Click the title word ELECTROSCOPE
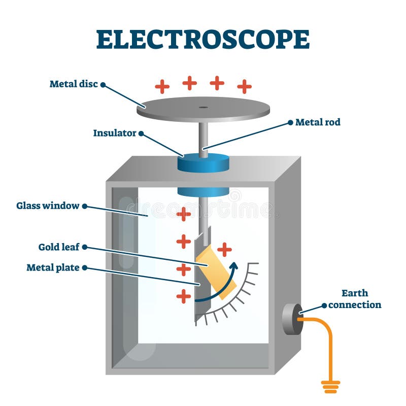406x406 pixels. click(x=202, y=39)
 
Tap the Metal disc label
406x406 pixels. click(x=74, y=84)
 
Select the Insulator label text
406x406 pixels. click(x=115, y=133)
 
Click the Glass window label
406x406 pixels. click(x=48, y=206)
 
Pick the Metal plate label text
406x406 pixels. click(x=53, y=267)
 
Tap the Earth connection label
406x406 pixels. click(x=354, y=299)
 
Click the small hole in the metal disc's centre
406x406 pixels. click(x=204, y=107)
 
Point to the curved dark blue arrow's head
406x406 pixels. click(x=234, y=265)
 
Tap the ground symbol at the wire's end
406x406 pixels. click(x=330, y=387)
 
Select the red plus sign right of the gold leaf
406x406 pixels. click(x=224, y=249)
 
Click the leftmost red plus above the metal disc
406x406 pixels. click(x=162, y=86)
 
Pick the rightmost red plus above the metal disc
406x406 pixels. click(x=244, y=86)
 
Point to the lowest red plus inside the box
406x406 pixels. click(x=183, y=296)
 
